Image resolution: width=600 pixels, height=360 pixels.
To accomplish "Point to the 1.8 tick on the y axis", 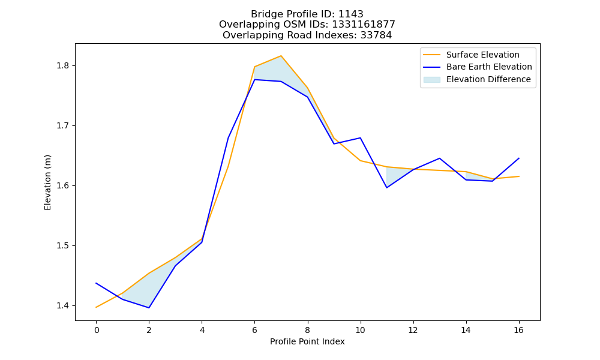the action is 63,66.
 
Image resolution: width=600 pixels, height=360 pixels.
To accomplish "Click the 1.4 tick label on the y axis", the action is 63,305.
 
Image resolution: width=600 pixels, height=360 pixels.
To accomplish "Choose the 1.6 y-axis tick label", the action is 63,186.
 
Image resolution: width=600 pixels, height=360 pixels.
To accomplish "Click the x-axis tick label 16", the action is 518,330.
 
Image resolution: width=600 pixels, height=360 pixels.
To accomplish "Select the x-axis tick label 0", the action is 97,330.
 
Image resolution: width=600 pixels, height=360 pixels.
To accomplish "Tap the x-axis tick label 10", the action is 360,330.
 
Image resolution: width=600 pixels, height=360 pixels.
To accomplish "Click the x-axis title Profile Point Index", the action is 307,341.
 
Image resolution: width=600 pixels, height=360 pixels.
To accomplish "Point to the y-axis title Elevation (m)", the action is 47,182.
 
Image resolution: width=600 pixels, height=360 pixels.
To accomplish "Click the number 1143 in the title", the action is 351,14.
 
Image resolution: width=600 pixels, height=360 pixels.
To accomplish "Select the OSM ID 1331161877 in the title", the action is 364,25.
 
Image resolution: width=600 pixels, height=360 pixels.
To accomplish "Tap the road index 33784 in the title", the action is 376,35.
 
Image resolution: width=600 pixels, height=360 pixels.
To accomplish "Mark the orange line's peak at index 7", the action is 281,56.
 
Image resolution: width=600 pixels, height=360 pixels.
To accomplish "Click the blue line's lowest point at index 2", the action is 149,308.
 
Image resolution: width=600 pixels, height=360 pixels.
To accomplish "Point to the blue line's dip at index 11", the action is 387,187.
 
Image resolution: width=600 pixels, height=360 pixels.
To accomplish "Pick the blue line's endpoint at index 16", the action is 519,158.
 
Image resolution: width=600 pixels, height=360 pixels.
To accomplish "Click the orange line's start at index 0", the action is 96,307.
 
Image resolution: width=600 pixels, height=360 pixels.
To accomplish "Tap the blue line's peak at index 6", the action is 255,80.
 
